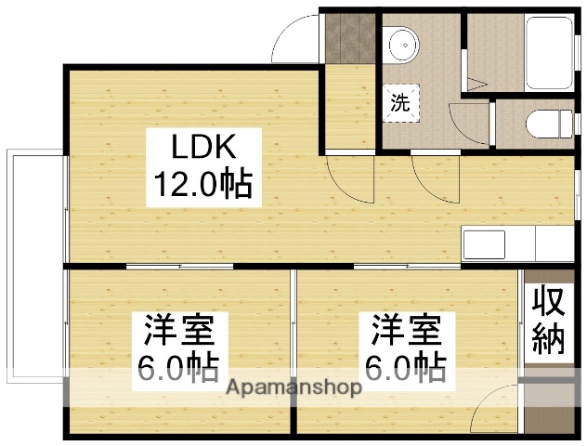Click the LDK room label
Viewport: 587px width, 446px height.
pos(205,147)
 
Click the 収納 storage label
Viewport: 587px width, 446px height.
pos(548,321)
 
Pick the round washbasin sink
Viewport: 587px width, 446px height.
pos(402,44)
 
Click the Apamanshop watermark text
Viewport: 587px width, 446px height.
pos(293,387)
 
